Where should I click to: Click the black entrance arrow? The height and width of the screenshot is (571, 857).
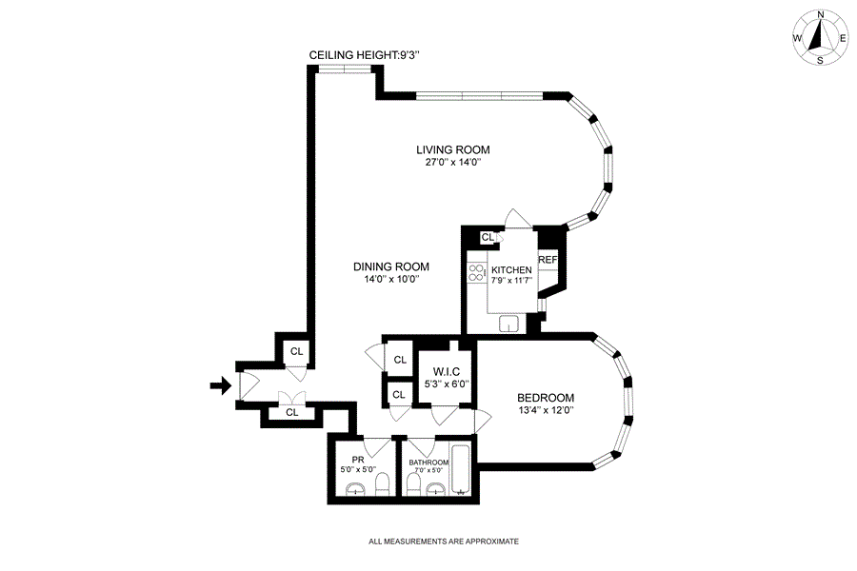click(221, 385)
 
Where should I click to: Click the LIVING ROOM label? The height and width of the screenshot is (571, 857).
click(452, 149)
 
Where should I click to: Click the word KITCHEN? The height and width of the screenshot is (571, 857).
click(511, 269)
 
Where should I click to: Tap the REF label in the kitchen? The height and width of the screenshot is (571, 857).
click(548, 260)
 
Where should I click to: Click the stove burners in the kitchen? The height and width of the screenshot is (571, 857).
click(476, 273)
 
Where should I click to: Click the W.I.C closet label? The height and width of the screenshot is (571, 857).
click(447, 371)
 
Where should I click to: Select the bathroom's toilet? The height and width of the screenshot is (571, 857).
click(413, 486)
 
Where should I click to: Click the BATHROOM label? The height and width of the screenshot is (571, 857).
click(429, 463)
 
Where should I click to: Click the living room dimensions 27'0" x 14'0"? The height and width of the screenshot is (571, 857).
click(452, 163)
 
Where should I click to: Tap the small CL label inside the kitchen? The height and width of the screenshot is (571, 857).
click(487, 238)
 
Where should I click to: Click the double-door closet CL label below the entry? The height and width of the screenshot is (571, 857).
click(292, 412)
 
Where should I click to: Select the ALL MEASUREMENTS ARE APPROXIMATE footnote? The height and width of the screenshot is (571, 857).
click(444, 541)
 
